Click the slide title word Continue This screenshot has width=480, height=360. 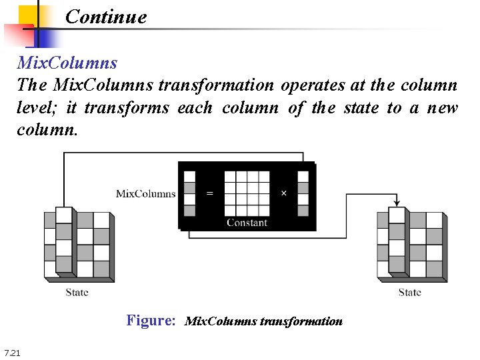(106, 17)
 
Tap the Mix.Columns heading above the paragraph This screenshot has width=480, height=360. (67, 63)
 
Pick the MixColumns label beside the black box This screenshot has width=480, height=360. (145, 194)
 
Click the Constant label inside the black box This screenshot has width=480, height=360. (247, 223)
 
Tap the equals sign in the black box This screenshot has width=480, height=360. (210, 193)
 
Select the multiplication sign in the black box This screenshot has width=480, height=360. (283, 193)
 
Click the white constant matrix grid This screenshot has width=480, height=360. (247, 193)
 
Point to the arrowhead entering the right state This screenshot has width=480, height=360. (397, 203)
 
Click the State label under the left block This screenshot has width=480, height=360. (77, 292)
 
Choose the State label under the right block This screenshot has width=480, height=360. (409, 292)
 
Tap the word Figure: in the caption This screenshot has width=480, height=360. (151, 321)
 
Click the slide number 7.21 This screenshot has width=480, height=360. (12, 352)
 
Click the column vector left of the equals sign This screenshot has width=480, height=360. (190, 193)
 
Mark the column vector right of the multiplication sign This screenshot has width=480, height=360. (303, 193)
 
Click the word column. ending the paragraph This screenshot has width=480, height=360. (47, 129)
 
